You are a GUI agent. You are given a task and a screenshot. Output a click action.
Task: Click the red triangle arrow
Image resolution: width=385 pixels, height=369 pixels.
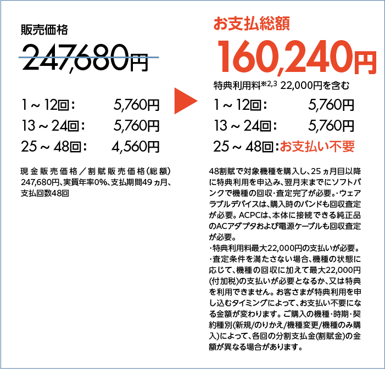click(x=184, y=101)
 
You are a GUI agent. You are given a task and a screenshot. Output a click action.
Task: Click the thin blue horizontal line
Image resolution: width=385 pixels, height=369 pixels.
click(x=88, y=57)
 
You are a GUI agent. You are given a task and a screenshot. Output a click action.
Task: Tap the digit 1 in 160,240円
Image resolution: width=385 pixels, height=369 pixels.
click(x=226, y=57)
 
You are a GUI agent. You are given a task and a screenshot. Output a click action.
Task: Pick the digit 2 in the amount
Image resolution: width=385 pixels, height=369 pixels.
click(x=297, y=57)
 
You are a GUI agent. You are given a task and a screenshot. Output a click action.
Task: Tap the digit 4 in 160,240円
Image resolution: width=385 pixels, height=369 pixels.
click(x=318, y=57)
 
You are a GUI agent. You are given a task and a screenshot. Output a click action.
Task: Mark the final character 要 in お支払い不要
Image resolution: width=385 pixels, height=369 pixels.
click(x=349, y=147)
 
